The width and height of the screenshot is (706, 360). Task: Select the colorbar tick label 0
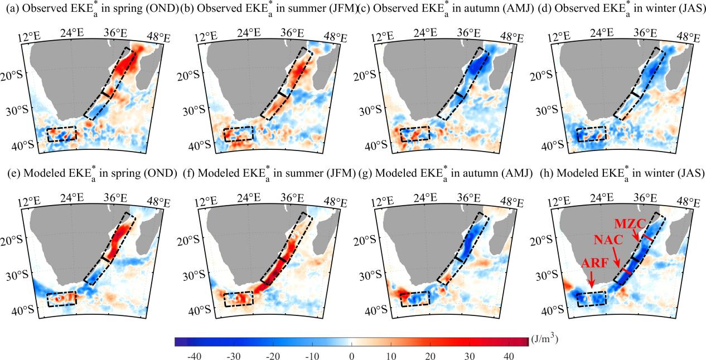click(x=351, y=355)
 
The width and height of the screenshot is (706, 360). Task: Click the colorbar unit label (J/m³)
click(x=545, y=338)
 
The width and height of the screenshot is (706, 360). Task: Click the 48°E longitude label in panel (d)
click(x=688, y=38)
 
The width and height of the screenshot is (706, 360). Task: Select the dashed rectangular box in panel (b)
click(x=238, y=134)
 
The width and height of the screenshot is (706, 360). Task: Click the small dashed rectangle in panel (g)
click(x=414, y=299)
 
